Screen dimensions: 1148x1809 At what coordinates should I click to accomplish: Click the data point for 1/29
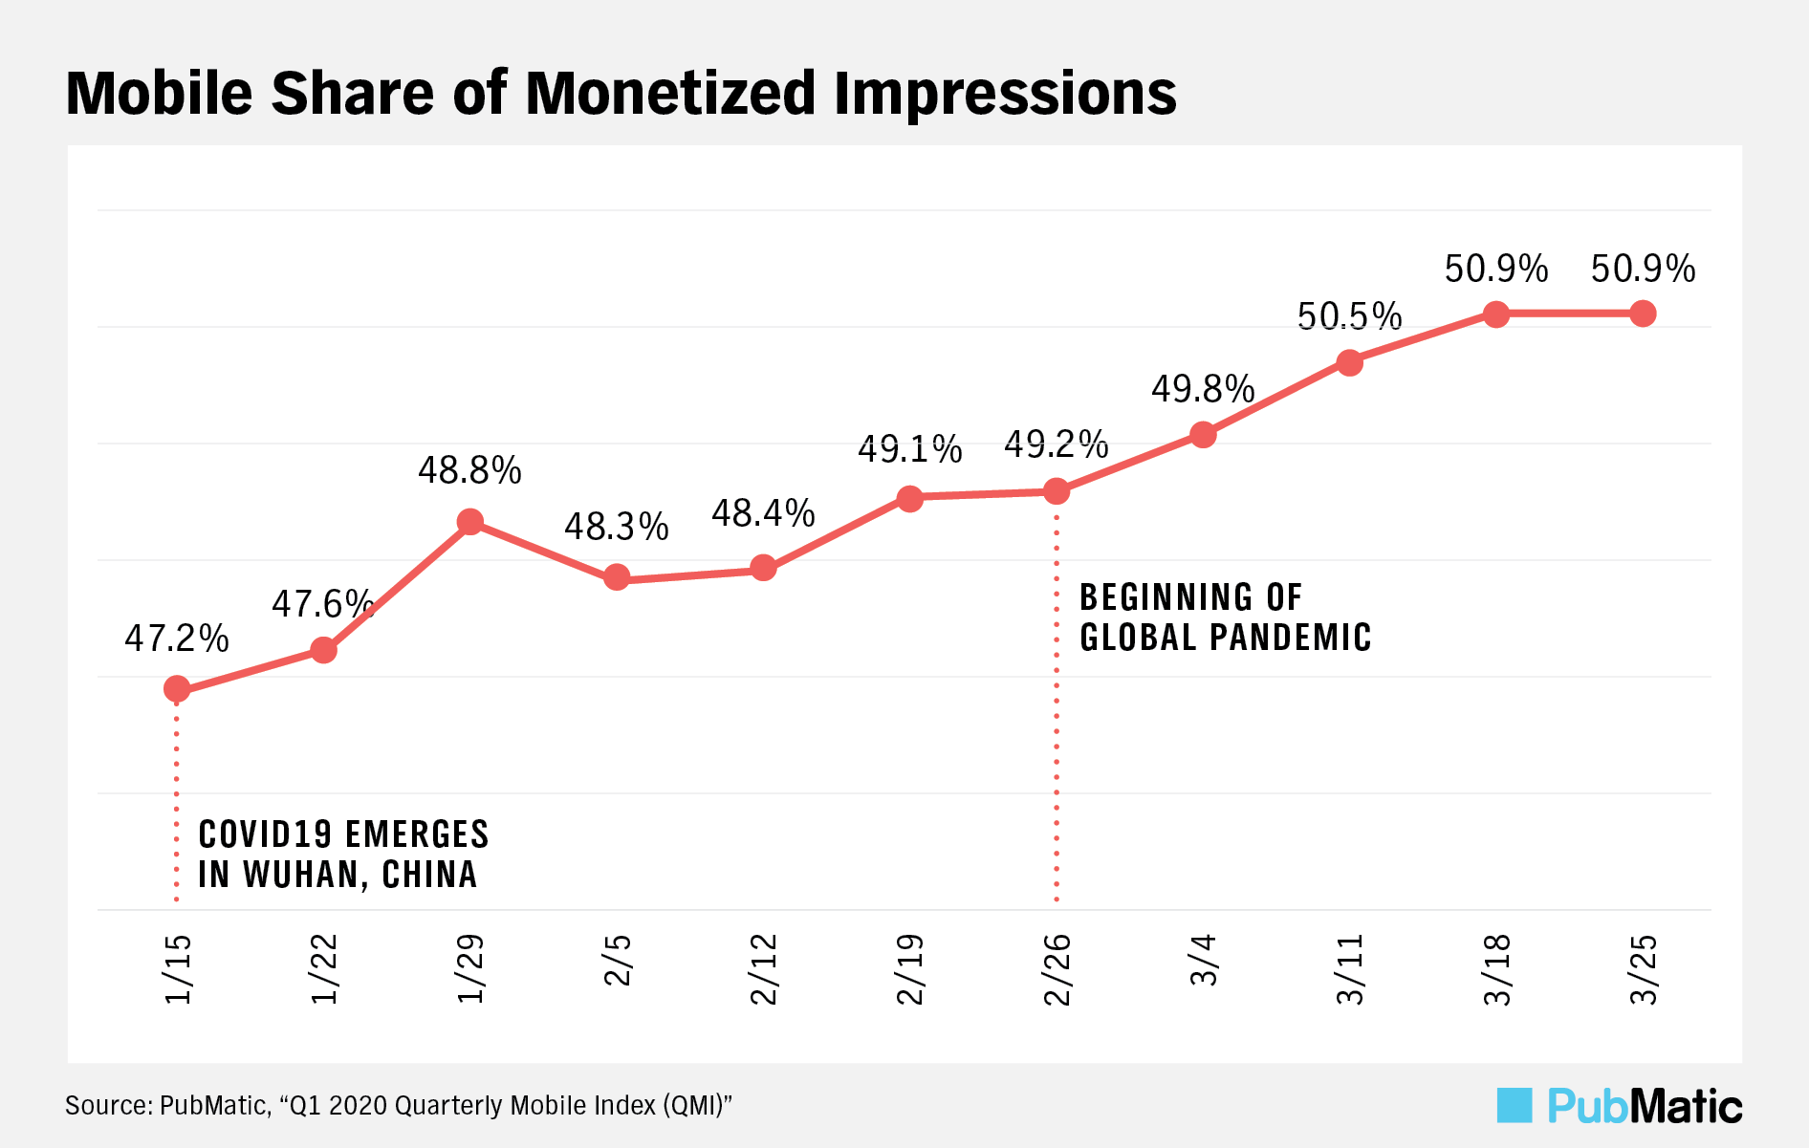coord(469,522)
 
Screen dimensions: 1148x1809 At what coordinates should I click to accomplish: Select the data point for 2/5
coord(617,577)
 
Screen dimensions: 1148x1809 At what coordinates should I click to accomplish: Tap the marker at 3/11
coord(1349,362)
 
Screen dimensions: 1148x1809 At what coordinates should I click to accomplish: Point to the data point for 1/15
coord(177,688)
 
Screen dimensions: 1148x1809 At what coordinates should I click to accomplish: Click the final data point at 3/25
coord(1643,314)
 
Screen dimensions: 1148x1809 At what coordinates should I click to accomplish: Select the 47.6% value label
coord(322,604)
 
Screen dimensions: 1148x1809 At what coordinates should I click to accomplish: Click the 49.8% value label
coord(1203,389)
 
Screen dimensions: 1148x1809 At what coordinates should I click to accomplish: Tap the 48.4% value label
coord(763,514)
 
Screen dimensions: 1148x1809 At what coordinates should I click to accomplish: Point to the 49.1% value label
coord(909,449)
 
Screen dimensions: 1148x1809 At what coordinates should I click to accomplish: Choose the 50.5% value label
coord(1349,316)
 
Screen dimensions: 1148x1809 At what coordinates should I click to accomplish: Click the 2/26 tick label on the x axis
coord(1057,969)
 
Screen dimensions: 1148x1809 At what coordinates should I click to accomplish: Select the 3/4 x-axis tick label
coord(1203,961)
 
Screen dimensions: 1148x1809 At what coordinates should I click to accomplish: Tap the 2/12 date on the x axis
coord(763,969)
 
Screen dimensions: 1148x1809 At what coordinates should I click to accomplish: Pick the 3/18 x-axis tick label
coord(1496,969)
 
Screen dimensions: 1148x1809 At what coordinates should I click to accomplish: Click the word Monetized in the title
coord(670,94)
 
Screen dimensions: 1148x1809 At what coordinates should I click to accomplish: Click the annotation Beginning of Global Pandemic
coord(1225,617)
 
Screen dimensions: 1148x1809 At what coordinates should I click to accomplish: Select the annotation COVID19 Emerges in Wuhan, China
coord(343,855)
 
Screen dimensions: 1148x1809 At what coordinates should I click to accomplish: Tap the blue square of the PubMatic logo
coord(1515,1106)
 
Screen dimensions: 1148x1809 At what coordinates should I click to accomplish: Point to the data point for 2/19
coord(909,498)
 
